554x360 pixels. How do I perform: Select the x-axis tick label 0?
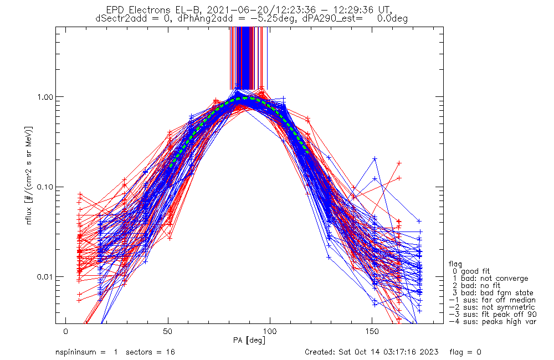pyautogui.click(x=66, y=331)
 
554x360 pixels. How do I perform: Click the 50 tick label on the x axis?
pyautogui.click(x=168, y=331)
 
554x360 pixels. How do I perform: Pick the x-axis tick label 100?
pyautogui.click(x=270, y=331)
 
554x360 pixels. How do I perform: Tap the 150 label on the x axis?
pyautogui.click(x=372, y=331)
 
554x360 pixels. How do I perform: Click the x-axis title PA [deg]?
pyautogui.click(x=249, y=340)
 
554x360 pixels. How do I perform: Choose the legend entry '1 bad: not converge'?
pyautogui.click(x=490, y=279)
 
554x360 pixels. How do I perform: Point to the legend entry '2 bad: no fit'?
pyautogui.click(x=476, y=285)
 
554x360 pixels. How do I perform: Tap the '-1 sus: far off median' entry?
pyautogui.click(x=492, y=300)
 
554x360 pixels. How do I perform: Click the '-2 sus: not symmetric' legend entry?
pyautogui.click(x=492, y=307)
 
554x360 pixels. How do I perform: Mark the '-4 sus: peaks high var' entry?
pyautogui.click(x=493, y=322)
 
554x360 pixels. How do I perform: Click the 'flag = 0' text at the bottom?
pyautogui.click(x=465, y=352)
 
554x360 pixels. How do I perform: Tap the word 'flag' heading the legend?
pyautogui.click(x=455, y=264)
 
